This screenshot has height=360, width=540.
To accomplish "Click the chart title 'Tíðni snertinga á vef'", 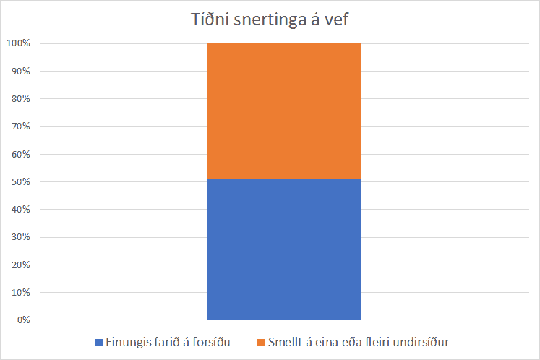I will point(270,20).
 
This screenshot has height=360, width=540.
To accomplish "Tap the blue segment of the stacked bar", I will point(283,250).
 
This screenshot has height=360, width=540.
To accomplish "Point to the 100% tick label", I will point(18,43).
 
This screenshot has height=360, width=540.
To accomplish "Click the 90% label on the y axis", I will point(20,71).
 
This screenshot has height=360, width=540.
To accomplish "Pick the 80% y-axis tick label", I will point(20,98).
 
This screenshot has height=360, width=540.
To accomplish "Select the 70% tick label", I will point(20,127).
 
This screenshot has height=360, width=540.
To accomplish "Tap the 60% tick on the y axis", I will point(20,154).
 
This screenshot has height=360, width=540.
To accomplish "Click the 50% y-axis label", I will point(20,181).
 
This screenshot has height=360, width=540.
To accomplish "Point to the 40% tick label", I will point(20,209).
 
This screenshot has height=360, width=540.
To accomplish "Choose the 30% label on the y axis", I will point(20,237).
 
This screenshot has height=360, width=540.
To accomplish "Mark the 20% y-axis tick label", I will point(20,265).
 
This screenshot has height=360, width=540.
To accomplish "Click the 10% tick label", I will point(20,292).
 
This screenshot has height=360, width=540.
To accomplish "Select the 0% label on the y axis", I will point(22,320).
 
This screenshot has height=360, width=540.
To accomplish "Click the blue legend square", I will point(99,342).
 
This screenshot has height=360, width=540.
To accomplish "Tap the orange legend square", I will point(260,342).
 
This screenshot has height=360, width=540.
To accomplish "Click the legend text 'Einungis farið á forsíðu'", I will point(168,342).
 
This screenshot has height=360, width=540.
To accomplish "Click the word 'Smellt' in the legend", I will point(285,342).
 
